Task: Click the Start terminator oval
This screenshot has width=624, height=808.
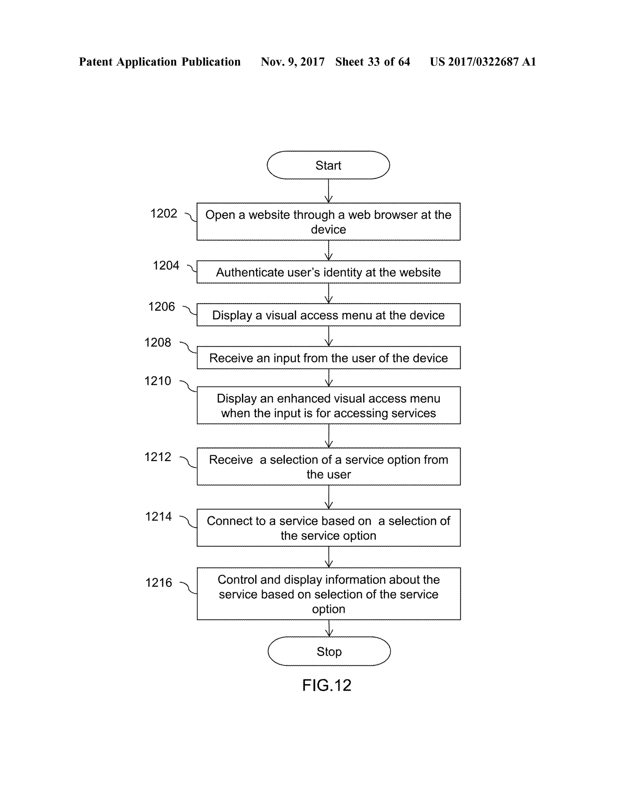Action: (328, 165)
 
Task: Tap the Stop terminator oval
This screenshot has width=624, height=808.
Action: (329, 651)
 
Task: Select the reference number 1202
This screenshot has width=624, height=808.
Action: (164, 213)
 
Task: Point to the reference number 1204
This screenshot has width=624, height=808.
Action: (166, 265)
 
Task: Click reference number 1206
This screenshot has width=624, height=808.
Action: (161, 306)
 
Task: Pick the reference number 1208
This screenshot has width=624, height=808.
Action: (158, 342)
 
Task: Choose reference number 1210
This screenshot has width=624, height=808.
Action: (158, 381)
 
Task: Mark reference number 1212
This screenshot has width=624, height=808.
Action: (158, 457)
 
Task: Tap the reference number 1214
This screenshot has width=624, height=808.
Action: (158, 517)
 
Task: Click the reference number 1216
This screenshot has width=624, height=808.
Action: (158, 582)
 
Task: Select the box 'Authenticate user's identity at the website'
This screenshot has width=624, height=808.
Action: (328, 272)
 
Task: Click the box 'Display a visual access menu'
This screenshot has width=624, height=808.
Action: (328, 315)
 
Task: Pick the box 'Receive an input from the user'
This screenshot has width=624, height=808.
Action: (328, 358)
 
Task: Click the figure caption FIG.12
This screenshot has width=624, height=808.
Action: (327, 685)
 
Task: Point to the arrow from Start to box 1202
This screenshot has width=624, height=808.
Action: (328, 191)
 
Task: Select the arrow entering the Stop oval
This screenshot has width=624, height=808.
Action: (329, 628)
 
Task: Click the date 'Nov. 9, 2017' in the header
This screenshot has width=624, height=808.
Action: (292, 62)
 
